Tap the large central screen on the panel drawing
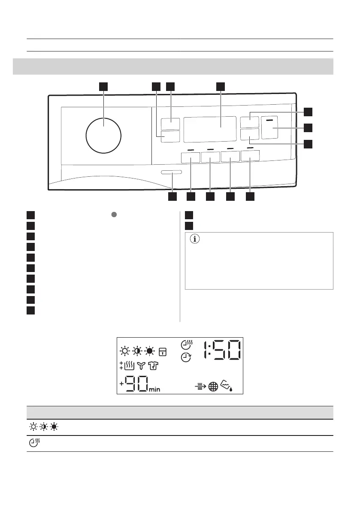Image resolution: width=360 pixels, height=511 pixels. click(210, 129)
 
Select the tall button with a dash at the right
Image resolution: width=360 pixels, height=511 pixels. click(270, 127)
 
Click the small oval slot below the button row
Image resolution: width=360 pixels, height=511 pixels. click(171, 172)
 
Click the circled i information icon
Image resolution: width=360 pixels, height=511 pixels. click(195, 239)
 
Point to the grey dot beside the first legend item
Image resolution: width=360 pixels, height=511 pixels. click(114, 215)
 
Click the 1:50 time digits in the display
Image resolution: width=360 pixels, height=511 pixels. click(222, 350)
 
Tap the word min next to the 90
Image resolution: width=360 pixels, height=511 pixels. click(154, 389)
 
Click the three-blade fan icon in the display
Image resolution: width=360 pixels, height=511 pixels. click(141, 366)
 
